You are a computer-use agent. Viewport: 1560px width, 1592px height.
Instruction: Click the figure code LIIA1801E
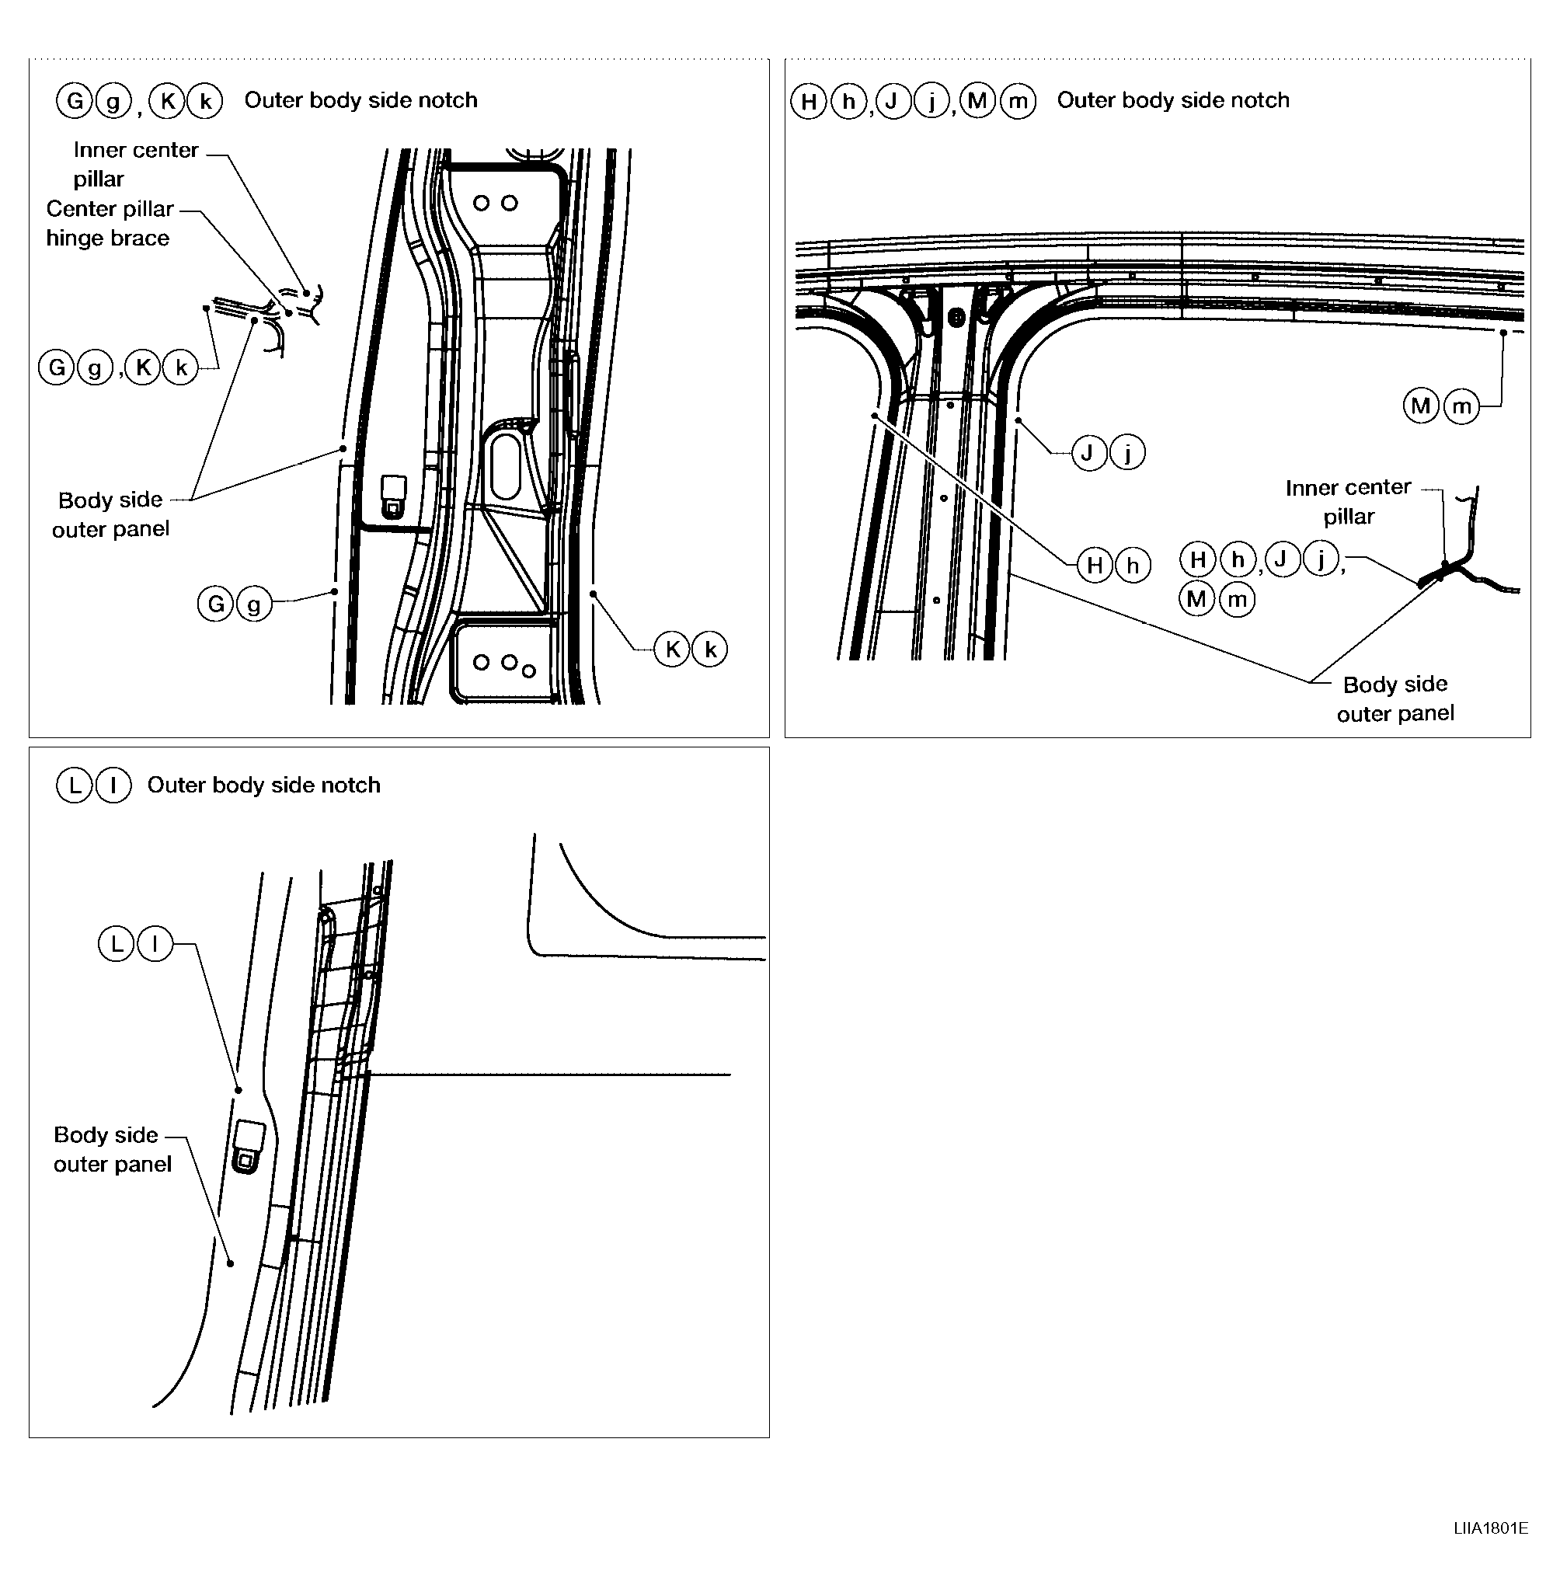(1490, 1528)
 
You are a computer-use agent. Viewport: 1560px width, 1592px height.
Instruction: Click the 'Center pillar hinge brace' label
(109, 223)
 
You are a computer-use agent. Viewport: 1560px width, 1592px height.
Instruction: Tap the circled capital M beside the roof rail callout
(1421, 406)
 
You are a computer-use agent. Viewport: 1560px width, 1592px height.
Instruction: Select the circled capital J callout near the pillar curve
(1088, 451)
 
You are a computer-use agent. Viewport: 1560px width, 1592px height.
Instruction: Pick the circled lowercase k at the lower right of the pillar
(710, 650)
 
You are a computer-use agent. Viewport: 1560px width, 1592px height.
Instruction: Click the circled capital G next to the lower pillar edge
(215, 604)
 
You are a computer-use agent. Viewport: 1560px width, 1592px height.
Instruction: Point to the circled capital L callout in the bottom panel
(116, 943)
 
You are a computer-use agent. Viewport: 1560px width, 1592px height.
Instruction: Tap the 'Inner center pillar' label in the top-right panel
(1348, 501)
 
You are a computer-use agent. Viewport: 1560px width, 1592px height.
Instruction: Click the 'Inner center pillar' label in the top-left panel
(135, 164)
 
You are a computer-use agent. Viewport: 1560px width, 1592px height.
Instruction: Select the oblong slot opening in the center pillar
(506, 466)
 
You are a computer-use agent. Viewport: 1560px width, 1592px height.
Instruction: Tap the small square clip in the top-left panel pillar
(394, 496)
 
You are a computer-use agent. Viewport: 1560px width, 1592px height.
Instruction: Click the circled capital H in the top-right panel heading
(808, 102)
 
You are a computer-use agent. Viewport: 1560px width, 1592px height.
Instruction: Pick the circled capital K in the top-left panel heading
(167, 101)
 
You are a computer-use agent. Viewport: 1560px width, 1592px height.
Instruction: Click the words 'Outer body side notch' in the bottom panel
(264, 785)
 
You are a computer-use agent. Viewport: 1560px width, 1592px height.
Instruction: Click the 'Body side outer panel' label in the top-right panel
(1395, 698)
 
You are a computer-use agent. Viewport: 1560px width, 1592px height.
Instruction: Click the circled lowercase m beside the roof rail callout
(1461, 406)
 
